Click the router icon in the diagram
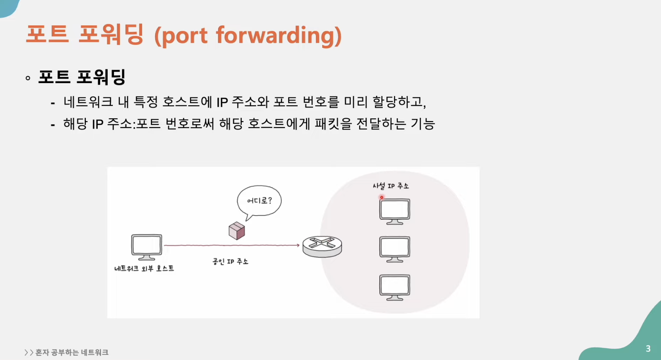(x=322, y=246)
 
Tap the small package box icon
(x=237, y=231)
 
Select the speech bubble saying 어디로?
(x=259, y=201)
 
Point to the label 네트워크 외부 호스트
(x=144, y=269)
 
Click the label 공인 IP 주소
(x=230, y=261)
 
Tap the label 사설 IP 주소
(x=391, y=186)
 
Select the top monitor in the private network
(x=395, y=211)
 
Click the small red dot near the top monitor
(x=382, y=197)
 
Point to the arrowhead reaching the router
(x=297, y=245)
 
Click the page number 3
(x=648, y=349)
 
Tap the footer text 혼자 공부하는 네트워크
(x=72, y=352)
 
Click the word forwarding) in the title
(x=279, y=36)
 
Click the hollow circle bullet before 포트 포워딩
(x=28, y=78)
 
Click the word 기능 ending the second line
(x=423, y=124)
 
